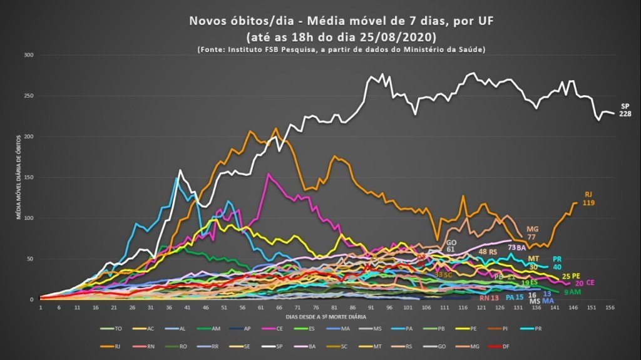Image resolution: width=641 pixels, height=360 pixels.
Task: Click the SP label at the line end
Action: pyautogui.click(x=625, y=105)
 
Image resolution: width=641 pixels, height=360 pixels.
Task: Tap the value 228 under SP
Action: pyautogui.click(x=625, y=114)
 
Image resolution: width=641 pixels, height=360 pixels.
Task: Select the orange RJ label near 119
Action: pyautogui.click(x=588, y=194)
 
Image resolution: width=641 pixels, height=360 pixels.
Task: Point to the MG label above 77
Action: pyautogui.click(x=533, y=229)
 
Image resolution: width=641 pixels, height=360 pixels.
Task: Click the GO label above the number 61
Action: pyautogui.click(x=451, y=242)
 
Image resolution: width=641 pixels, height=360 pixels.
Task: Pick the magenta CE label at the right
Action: pyautogui.click(x=590, y=283)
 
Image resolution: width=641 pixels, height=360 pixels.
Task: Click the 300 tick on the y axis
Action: pyautogui.click(x=29, y=55)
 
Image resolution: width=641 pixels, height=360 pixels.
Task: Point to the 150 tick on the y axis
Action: pyautogui.click(x=29, y=177)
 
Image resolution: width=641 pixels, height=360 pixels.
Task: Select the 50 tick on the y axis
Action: pyautogui.click(x=30, y=259)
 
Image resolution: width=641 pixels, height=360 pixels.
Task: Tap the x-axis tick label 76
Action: pyautogui.click(x=316, y=307)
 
